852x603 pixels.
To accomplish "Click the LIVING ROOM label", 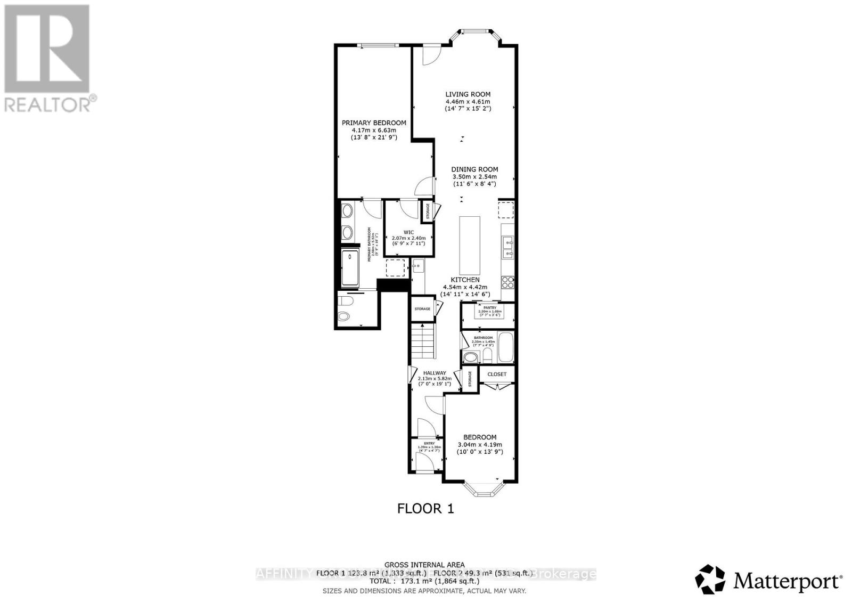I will pos(468,94).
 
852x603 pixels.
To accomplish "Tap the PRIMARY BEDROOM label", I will pos(374,123).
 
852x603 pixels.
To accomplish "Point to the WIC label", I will pos(408,232).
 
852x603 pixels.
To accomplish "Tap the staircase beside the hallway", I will pos(423,341).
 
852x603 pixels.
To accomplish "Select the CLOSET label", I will pos(497,374).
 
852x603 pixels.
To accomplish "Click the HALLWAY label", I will pos(435,373).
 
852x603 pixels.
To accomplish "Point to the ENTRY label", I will pos(429,443).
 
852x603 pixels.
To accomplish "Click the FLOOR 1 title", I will pos(425,509).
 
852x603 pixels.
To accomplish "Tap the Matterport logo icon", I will pos(710,579).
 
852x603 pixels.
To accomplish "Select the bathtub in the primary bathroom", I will pos(351,268).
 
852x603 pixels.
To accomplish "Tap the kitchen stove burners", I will pos(507,281).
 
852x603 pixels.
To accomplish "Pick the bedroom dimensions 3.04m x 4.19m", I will pos(480,445).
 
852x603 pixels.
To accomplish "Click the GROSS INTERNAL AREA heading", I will pos(424,565).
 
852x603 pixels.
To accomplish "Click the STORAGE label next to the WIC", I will pos(428,211).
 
